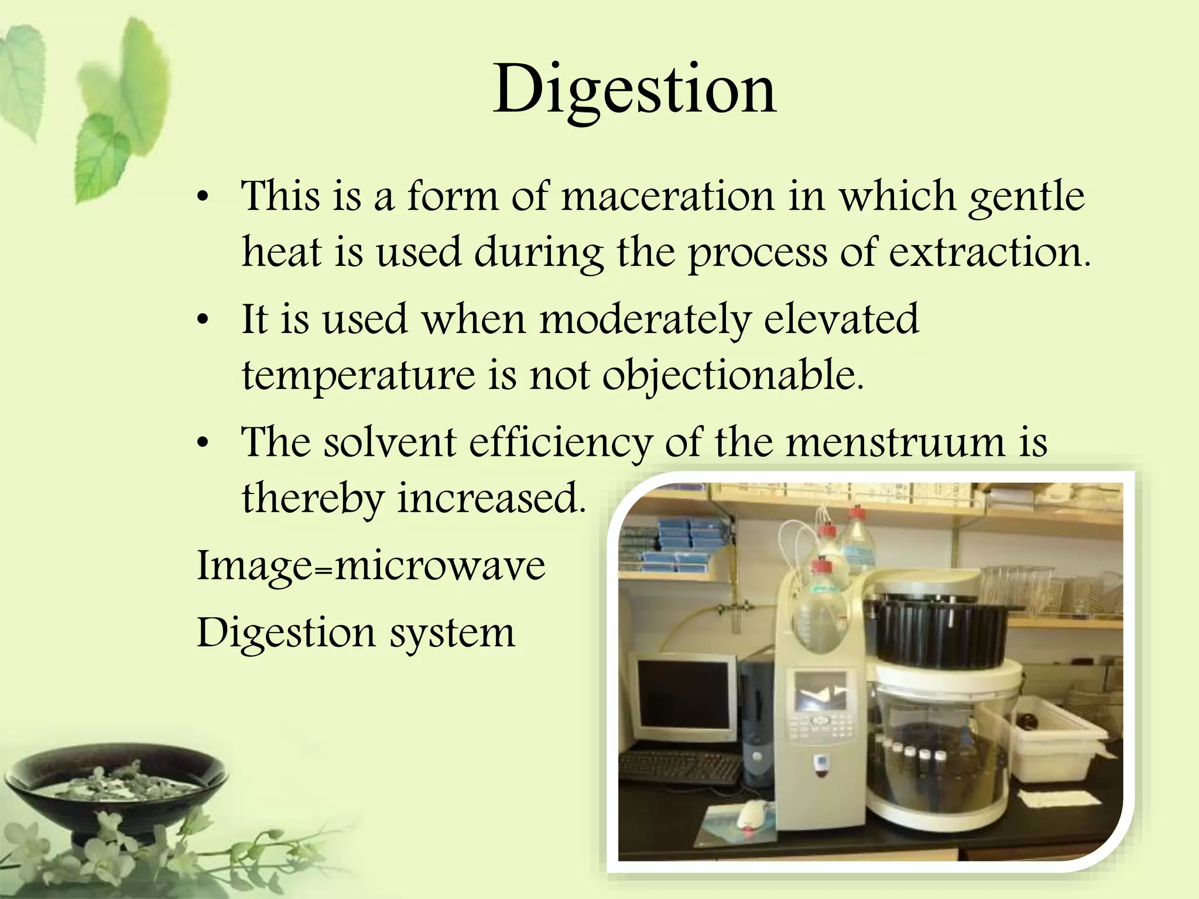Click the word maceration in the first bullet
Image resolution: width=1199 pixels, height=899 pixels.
pos(667,196)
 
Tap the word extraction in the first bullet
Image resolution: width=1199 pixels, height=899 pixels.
pos(989,253)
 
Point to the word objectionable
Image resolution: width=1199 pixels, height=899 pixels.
pos(732,376)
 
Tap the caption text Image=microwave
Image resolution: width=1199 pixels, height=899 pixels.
pos(371,566)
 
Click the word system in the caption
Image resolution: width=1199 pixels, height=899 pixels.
pos(453,633)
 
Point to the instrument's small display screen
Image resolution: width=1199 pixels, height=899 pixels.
pos(820,690)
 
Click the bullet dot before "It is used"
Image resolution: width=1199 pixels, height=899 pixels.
pos(203,321)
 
